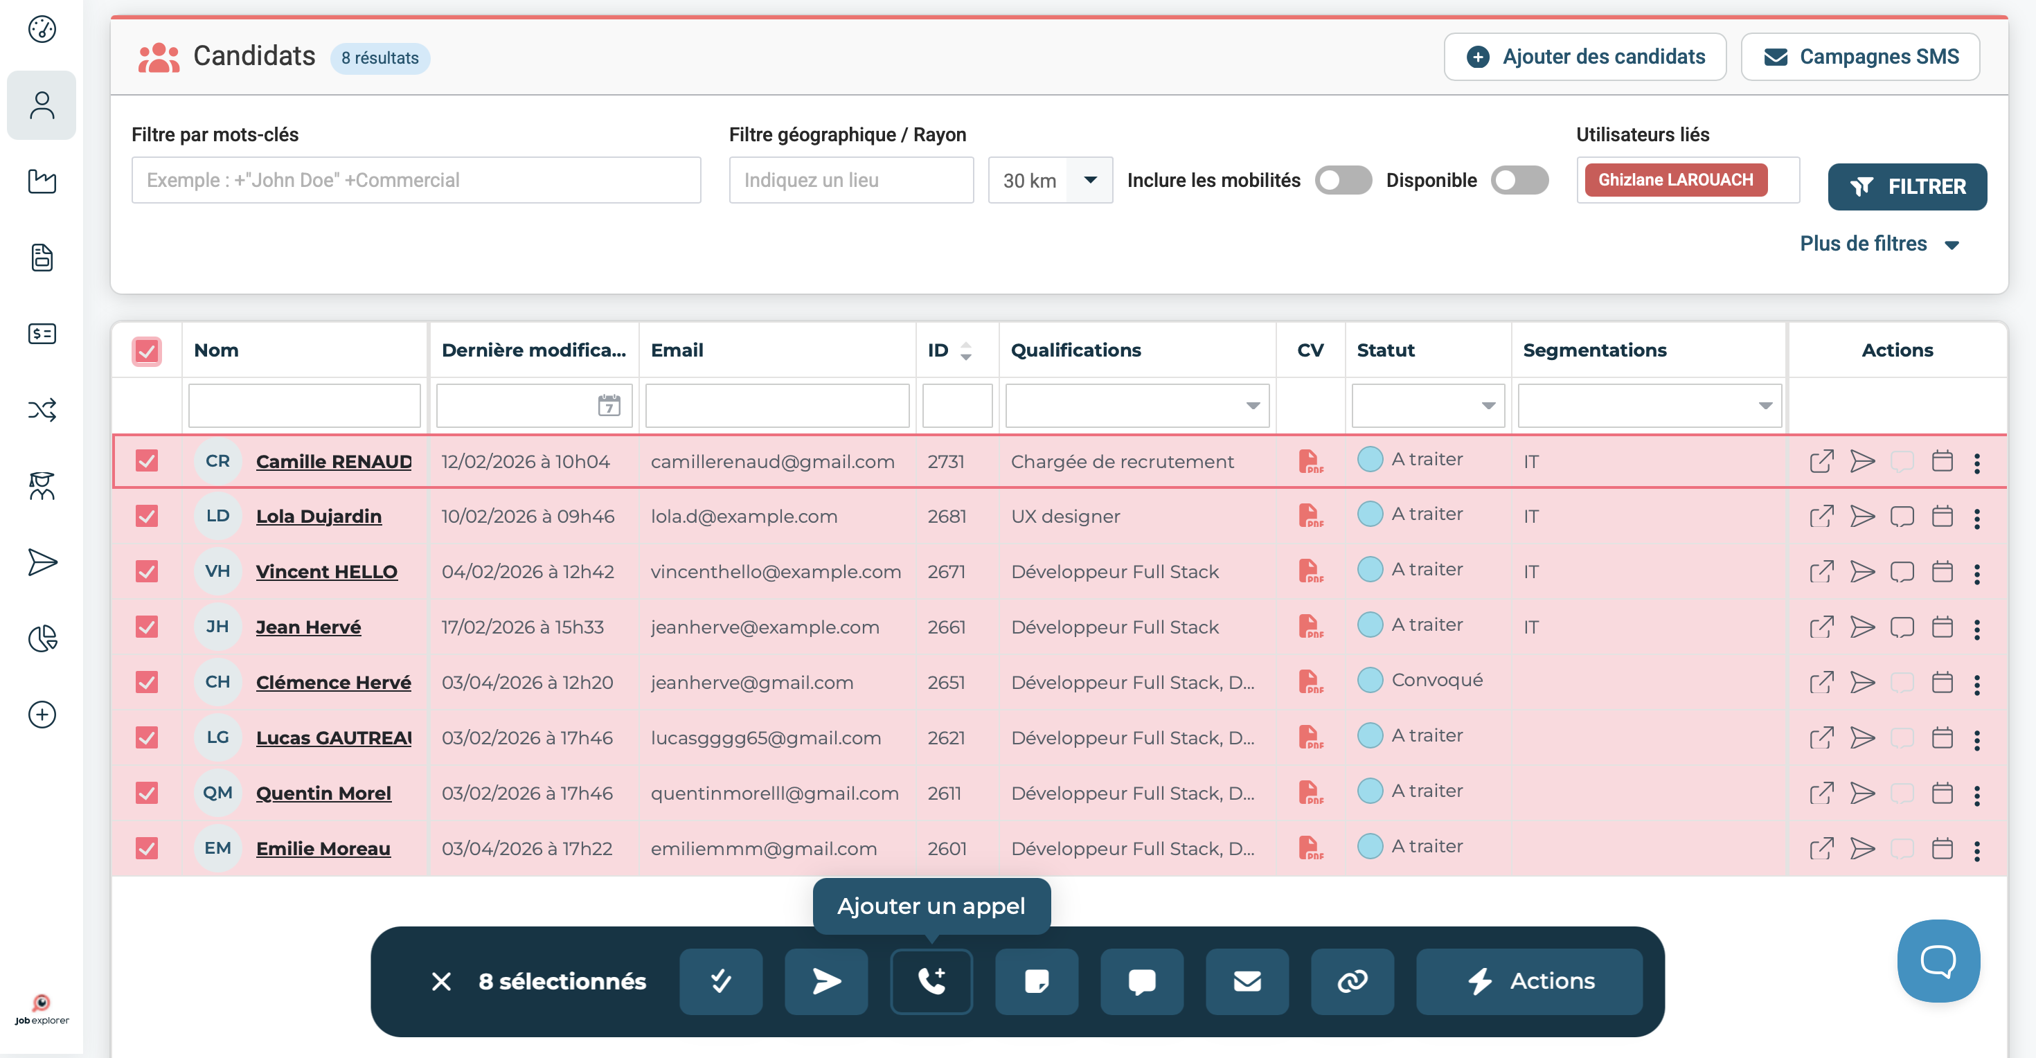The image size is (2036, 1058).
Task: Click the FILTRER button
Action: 1906,186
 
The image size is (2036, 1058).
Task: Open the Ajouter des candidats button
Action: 1584,57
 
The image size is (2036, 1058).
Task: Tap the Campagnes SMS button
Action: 1861,57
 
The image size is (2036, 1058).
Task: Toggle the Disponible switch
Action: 1519,180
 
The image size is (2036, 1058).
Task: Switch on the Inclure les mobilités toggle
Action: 1343,180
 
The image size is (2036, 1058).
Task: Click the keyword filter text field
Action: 416,180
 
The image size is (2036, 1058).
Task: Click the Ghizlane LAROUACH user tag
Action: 1676,180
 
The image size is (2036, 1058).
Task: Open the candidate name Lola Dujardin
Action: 319,516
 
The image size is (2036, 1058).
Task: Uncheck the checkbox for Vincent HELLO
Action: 146,571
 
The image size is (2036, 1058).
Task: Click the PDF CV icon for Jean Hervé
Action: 1310,627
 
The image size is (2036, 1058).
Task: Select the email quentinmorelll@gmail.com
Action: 774,793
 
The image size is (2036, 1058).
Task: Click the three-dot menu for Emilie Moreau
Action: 1976,850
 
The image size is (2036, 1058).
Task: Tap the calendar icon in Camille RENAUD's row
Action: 1942,460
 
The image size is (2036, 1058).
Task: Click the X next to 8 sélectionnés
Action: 441,981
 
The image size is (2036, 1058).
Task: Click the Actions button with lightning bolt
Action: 1528,981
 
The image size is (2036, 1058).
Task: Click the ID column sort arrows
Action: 965,351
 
